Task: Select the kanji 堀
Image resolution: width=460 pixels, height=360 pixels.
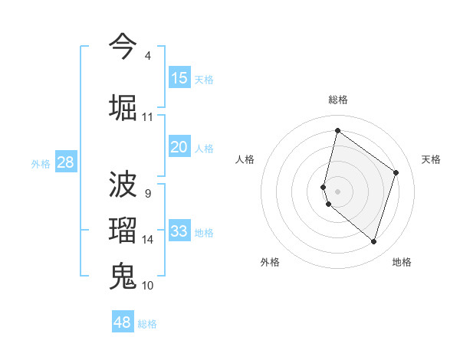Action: [123, 106]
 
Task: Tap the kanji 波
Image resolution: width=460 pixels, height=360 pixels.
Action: [123, 185]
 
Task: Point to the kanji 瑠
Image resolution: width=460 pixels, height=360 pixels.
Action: [123, 230]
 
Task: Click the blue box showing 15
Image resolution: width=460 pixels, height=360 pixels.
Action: [179, 78]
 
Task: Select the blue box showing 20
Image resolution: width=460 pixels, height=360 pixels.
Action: [179, 147]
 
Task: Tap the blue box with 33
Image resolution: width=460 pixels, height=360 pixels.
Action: [179, 231]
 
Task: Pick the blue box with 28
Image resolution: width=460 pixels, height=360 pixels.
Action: [65, 162]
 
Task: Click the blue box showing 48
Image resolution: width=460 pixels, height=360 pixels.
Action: [123, 322]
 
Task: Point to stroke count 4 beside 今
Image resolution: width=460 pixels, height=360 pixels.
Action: [147, 56]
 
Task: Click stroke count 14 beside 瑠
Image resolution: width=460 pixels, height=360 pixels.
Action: [148, 240]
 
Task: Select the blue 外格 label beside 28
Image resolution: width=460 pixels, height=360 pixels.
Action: [41, 164]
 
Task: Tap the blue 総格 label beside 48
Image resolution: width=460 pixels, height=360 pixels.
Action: [147, 324]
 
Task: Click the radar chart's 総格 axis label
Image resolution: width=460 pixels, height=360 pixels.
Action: [337, 100]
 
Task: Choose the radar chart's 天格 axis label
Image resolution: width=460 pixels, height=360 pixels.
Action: [431, 159]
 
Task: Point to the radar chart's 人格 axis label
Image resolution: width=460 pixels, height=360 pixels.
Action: [245, 159]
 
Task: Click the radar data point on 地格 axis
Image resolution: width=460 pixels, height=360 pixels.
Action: [373, 242]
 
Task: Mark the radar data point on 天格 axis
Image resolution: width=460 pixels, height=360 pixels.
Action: [396, 172]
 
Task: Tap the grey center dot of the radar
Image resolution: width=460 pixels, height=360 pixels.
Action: [337, 191]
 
